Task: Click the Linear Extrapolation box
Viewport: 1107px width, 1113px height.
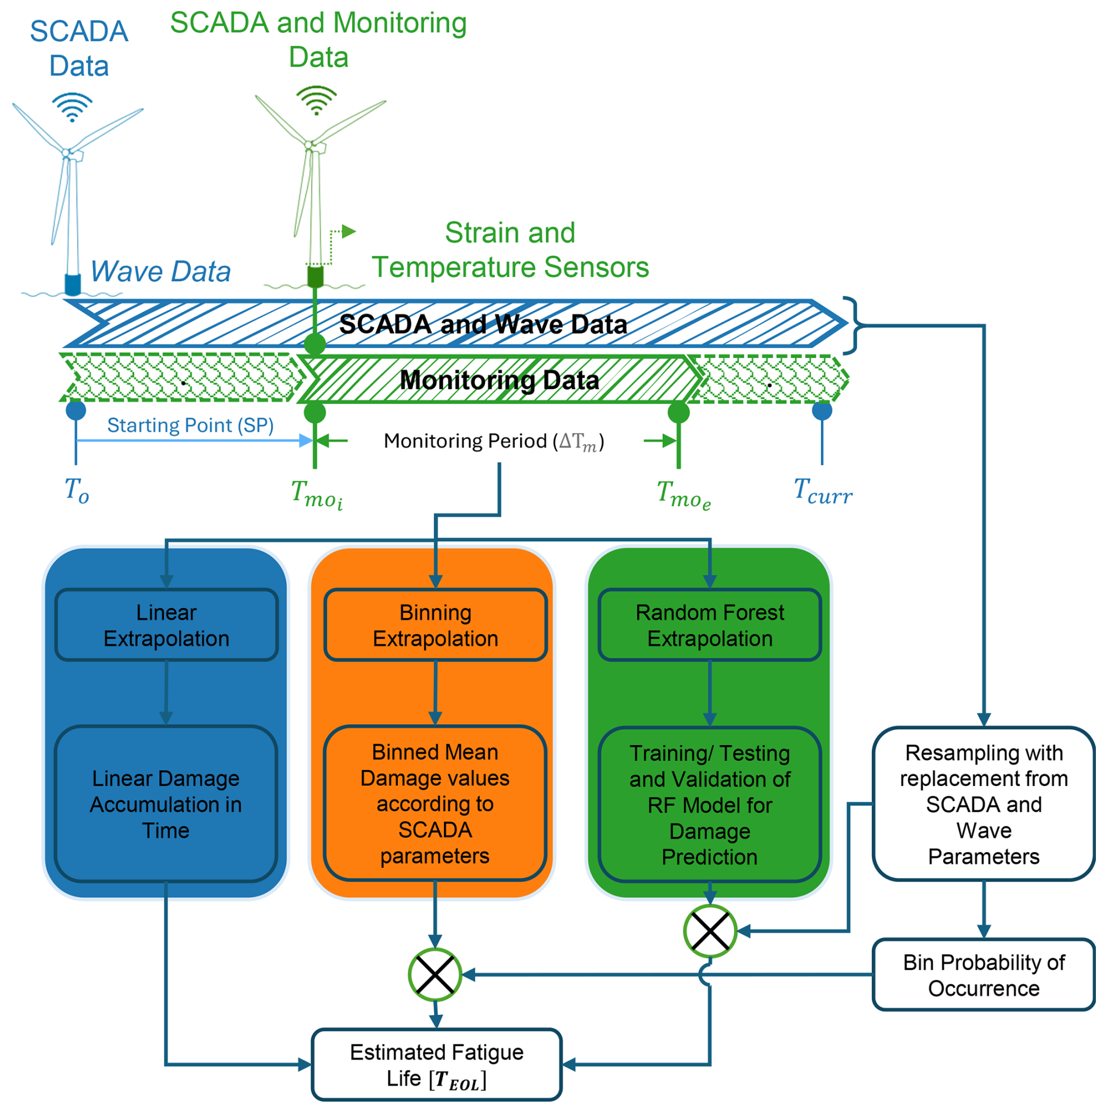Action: point(166,625)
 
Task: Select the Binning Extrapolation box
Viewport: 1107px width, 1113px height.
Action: point(435,625)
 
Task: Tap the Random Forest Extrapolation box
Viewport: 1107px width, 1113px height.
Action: point(709,625)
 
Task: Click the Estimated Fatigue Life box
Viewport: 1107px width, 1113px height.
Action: point(436,1065)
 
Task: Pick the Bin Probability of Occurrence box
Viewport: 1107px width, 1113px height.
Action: point(983,975)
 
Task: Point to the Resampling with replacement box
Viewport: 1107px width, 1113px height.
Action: point(983,804)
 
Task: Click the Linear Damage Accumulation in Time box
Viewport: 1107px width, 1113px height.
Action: point(166,804)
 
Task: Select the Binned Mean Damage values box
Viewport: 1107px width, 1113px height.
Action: point(435,804)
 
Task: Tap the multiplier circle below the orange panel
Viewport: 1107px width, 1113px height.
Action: point(435,975)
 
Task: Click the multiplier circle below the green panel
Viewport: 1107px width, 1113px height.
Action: point(710,931)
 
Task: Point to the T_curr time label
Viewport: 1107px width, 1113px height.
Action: point(823,492)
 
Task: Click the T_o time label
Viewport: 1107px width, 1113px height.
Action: point(77,490)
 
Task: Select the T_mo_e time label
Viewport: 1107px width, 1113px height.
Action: point(683,494)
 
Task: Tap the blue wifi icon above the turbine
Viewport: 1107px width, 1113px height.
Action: point(72,107)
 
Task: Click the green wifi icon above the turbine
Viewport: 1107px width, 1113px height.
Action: point(317,99)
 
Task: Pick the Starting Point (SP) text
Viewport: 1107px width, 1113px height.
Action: point(190,425)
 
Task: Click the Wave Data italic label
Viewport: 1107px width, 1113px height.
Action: point(160,272)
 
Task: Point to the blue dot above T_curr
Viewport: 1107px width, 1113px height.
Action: point(822,411)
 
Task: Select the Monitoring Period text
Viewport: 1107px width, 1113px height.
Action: point(493,441)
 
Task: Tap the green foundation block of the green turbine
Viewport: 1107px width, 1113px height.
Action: point(315,276)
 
